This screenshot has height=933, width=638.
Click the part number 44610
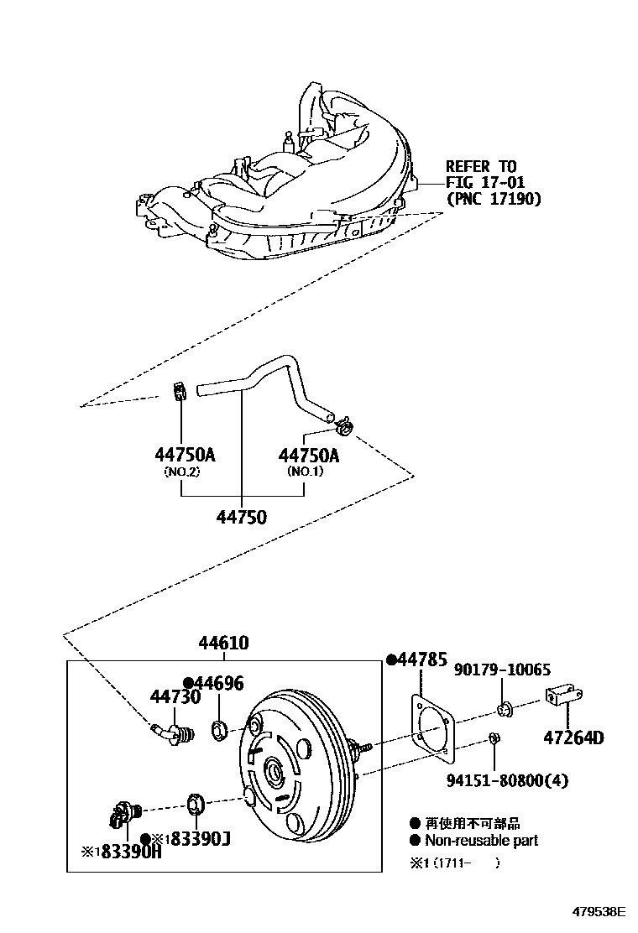point(223,644)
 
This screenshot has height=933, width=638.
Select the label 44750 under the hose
point(241,517)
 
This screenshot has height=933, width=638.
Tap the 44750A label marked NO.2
point(185,456)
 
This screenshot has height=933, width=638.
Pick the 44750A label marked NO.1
point(309,456)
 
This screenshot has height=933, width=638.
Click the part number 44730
point(175,696)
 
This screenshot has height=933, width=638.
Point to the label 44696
point(217,683)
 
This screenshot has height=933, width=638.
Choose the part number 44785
point(421,660)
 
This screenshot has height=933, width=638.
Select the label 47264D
point(574,738)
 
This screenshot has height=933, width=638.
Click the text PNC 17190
point(494,199)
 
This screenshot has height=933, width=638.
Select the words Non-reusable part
point(481,840)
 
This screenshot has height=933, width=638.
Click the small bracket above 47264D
point(563,696)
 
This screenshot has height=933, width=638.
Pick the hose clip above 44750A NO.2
point(177,390)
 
